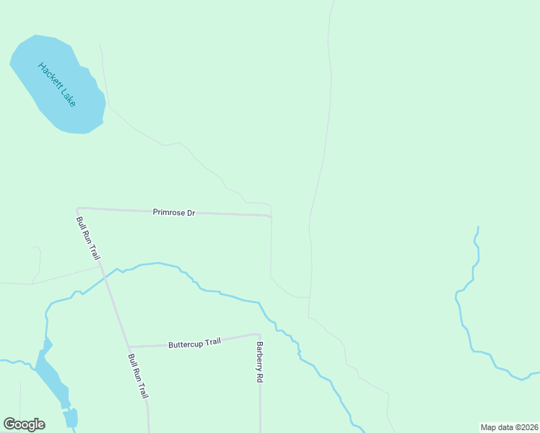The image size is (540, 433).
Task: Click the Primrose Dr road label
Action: click(174, 212)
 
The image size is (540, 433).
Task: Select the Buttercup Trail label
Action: click(194, 343)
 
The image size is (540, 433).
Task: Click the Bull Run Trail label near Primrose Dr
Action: click(89, 237)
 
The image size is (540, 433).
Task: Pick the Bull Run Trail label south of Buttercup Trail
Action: click(137, 376)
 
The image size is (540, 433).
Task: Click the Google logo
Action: click(24, 424)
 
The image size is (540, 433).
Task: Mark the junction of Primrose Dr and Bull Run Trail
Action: click(77, 209)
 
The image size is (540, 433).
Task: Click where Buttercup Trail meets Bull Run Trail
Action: click(129, 346)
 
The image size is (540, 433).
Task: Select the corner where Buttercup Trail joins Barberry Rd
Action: click(258, 334)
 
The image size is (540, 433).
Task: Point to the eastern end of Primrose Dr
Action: click(271, 216)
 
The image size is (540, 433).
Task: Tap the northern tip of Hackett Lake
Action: click(35, 35)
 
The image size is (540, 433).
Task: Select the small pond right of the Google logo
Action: click(70, 418)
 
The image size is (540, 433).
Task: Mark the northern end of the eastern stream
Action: click(477, 227)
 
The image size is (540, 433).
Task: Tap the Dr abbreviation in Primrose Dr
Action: click(191, 213)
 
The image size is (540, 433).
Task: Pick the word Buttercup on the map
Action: click(185, 344)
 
